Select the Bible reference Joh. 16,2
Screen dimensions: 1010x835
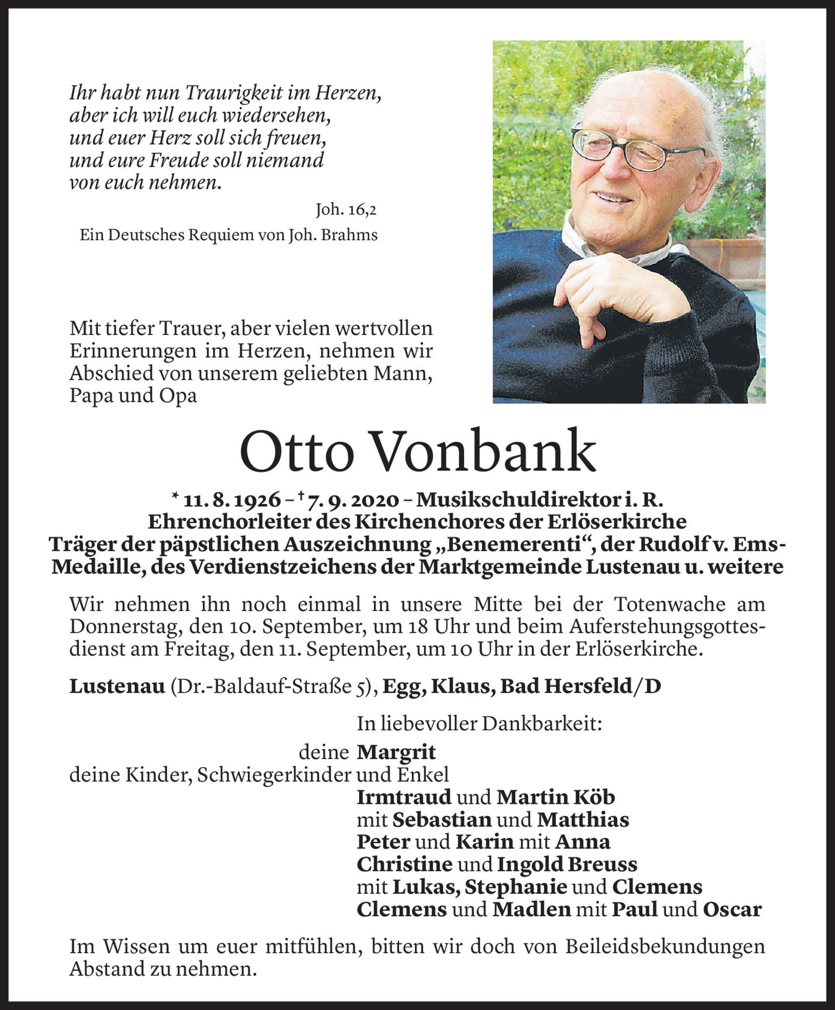(x=346, y=210)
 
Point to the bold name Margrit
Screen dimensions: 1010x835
(x=396, y=752)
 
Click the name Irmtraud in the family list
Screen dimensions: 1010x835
(x=404, y=797)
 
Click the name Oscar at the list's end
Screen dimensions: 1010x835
(x=732, y=909)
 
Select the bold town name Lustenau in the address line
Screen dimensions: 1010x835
(x=117, y=687)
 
